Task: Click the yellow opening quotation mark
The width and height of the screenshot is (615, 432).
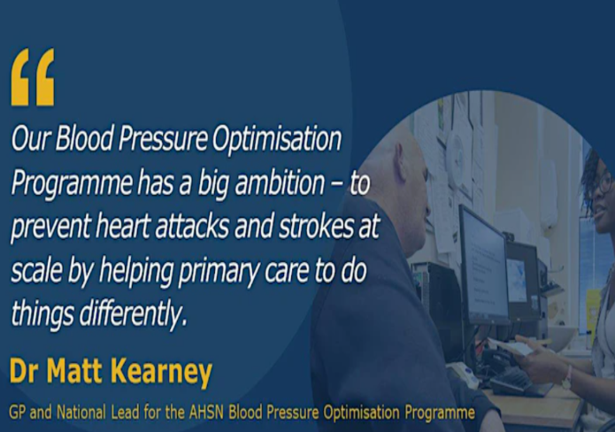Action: [x=33, y=77]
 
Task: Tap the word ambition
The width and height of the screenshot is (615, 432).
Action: [x=280, y=182]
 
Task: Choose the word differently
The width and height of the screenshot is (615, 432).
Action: [x=131, y=314]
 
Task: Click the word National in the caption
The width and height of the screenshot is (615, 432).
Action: [x=81, y=413]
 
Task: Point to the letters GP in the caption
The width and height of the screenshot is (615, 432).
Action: [x=18, y=413]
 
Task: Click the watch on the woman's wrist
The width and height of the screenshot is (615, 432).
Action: [x=567, y=378]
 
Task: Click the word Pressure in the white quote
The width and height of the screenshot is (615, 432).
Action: [x=163, y=138]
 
